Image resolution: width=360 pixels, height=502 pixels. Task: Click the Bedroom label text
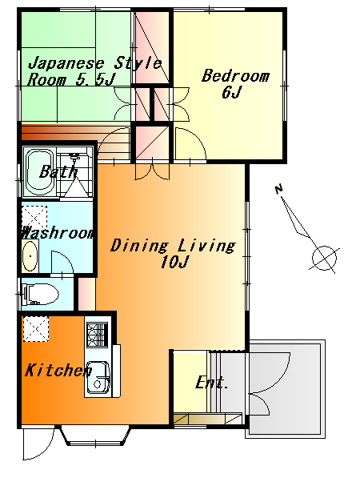[x=235, y=76]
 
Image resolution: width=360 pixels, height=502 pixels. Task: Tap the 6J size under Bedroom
[x=231, y=92]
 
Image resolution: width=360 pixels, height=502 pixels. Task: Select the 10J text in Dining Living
[x=174, y=262]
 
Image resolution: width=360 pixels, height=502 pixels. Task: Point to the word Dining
[x=139, y=246]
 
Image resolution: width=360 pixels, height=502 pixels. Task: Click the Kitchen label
[x=58, y=371]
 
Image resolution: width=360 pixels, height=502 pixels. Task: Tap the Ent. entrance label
[x=211, y=382]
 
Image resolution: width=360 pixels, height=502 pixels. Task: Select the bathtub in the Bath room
[x=40, y=173]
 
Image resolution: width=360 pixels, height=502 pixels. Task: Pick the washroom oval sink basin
[x=30, y=256]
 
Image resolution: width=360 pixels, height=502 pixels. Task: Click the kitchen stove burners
[x=97, y=335]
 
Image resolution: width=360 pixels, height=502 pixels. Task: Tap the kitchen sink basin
[x=98, y=378]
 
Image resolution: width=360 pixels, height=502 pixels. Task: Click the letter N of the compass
[x=279, y=189]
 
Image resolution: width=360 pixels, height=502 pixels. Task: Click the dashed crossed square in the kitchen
[x=36, y=329]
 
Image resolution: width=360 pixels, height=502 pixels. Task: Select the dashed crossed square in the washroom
[x=34, y=217]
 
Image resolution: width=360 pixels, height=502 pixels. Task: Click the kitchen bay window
[x=95, y=436]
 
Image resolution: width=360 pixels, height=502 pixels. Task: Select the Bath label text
[x=58, y=172]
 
